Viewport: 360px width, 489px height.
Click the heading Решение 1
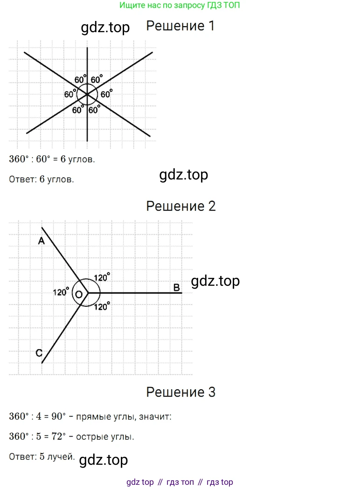click(180, 26)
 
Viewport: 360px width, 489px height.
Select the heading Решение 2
click(181, 206)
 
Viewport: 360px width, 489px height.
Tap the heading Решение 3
click(181, 392)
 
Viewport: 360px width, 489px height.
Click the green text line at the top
click(180, 5)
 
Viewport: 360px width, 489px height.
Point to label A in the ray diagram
click(41, 241)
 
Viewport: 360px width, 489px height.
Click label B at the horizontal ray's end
click(177, 287)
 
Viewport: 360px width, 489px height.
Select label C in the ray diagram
click(39, 353)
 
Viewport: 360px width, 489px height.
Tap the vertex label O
click(79, 295)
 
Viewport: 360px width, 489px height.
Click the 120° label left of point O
click(61, 292)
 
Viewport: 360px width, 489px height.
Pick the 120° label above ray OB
click(102, 277)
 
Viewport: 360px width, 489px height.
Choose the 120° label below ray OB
click(102, 306)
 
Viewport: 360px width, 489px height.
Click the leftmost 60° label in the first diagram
click(70, 94)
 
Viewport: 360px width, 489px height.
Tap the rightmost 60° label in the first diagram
click(106, 94)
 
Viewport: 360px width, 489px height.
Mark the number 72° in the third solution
click(59, 436)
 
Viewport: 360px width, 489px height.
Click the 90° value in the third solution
click(59, 416)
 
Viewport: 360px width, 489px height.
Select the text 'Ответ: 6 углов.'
click(42, 179)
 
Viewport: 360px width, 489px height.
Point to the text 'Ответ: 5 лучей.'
click(42, 456)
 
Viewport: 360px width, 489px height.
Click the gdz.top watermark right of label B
click(215, 281)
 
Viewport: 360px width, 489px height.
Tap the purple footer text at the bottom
click(180, 482)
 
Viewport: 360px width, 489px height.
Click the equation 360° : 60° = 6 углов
click(52, 159)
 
